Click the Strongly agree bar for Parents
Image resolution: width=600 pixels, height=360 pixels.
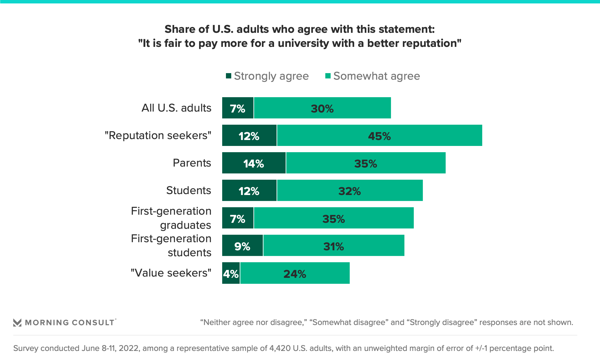click(254, 163)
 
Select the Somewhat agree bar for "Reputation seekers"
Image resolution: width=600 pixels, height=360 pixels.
click(379, 135)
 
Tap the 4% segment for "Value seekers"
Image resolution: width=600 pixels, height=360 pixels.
click(231, 273)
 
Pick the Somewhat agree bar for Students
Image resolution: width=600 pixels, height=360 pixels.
click(349, 190)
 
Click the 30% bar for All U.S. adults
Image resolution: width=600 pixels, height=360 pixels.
click(322, 108)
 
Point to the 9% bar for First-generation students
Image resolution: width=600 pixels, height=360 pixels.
click(242, 245)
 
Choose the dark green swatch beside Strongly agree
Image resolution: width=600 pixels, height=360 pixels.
click(228, 76)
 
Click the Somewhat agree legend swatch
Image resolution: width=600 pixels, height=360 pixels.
click(328, 76)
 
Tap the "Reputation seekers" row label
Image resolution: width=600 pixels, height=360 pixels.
click(158, 135)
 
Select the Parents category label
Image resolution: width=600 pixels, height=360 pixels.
click(192, 163)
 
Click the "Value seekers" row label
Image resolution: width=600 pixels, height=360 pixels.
click(171, 273)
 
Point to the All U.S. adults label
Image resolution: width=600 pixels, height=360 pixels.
click(176, 108)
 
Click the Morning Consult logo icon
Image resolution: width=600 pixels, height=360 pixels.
click(17, 322)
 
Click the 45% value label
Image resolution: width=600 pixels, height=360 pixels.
click(379, 136)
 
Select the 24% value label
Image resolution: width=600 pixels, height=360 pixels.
click(294, 274)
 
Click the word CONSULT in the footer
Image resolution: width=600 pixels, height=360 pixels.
click(93, 322)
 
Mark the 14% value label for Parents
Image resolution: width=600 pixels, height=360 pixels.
click(253, 164)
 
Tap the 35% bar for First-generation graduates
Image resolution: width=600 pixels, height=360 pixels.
click(333, 218)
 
